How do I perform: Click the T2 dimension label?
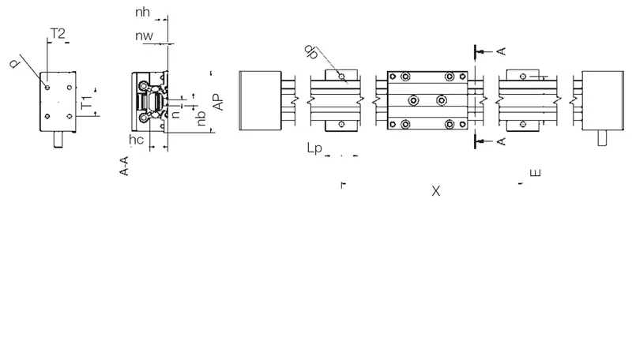[58, 33]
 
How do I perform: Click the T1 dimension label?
[87, 103]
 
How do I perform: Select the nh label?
[142, 12]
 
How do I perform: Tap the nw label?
[144, 36]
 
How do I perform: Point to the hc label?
[136, 139]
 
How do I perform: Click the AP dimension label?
[218, 103]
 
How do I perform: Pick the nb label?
[201, 118]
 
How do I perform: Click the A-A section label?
[124, 166]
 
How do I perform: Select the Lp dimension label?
[314, 148]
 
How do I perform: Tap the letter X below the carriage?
[436, 191]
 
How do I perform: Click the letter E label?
[536, 173]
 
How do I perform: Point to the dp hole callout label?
[310, 52]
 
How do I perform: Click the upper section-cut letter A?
[501, 51]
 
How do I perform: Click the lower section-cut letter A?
[501, 141]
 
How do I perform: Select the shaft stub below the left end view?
[58, 139]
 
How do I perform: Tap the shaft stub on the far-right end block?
[602, 138]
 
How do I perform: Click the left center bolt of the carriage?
[413, 100]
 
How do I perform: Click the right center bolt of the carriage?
[442, 100]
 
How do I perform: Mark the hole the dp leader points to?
[341, 76]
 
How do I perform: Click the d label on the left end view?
[15, 64]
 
